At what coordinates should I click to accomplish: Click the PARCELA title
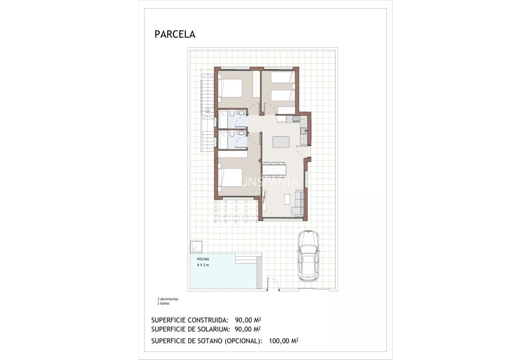click(175, 35)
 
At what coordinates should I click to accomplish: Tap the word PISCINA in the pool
click(203, 259)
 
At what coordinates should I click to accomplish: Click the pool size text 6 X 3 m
click(203, 265)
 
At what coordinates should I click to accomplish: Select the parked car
click(309, 256)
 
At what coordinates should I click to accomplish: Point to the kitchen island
click(281, 142)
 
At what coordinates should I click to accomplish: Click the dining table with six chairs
click(274, 169)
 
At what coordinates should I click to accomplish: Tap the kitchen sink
click(304, 130)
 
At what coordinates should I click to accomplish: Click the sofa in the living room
click(298, 203)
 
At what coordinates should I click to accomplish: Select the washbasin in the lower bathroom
click(242, 133)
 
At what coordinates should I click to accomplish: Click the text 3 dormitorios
click(167, 299)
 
